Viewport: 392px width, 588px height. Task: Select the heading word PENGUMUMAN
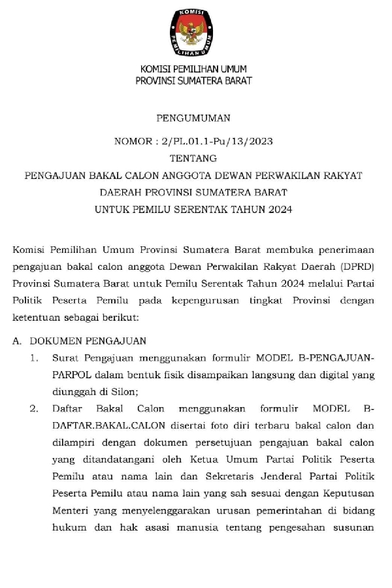193,119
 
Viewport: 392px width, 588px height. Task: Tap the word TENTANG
193,158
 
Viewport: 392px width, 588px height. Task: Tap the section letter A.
17,340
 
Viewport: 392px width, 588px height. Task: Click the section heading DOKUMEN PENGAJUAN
88,340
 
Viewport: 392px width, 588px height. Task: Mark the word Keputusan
348,494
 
